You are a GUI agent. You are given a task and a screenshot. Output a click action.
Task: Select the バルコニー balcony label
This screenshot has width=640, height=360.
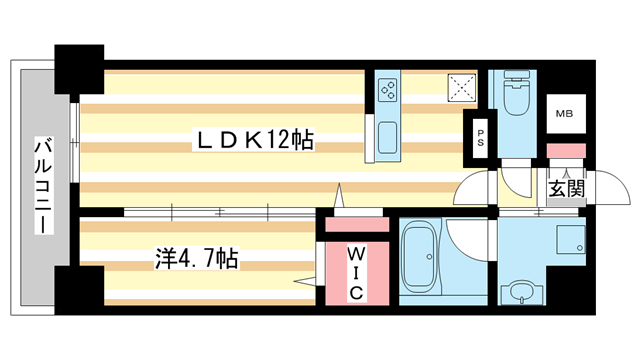coord(44,184)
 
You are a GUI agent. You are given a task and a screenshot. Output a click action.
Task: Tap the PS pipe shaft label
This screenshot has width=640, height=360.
coord(481,137)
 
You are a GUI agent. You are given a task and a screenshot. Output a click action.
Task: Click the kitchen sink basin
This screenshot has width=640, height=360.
coord(387,138)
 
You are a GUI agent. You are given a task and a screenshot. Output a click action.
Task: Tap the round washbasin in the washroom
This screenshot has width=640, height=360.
coord(522,292)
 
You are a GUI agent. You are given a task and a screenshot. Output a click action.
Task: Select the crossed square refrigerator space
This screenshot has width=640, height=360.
coord(462,88)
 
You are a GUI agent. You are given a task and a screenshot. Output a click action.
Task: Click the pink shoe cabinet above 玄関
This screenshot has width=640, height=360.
coord(565,150)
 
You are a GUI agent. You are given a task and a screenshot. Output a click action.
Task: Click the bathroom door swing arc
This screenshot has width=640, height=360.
coord(468,240)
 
